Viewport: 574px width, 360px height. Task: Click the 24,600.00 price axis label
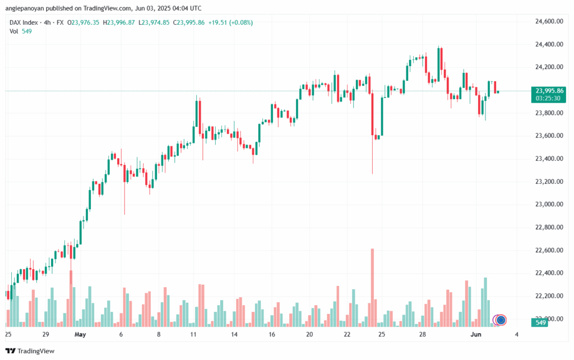[549, 21]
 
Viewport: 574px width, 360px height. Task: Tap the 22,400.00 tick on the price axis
[549, 273]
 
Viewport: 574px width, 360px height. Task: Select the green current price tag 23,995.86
[549, 91]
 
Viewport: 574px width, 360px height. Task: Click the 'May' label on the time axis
[80, 335]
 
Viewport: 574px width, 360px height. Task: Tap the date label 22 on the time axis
[348, 335]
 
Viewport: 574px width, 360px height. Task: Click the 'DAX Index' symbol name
[25, 22]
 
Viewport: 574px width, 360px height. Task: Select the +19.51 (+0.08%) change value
[230, 22]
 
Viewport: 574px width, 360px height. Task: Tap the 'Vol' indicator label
[13, 31]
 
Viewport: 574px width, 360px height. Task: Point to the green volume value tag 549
[541, 323]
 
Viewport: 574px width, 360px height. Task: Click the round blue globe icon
[501, 320]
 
